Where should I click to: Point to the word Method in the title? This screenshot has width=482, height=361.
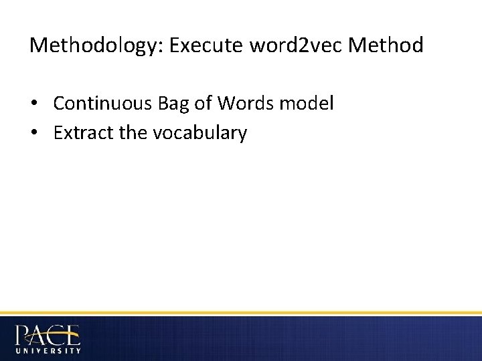point(387,45)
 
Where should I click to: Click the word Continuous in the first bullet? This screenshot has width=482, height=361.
point(104,104)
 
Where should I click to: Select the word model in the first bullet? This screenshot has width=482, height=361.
point(309,104)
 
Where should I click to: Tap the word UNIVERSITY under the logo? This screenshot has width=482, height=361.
point(48,350)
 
